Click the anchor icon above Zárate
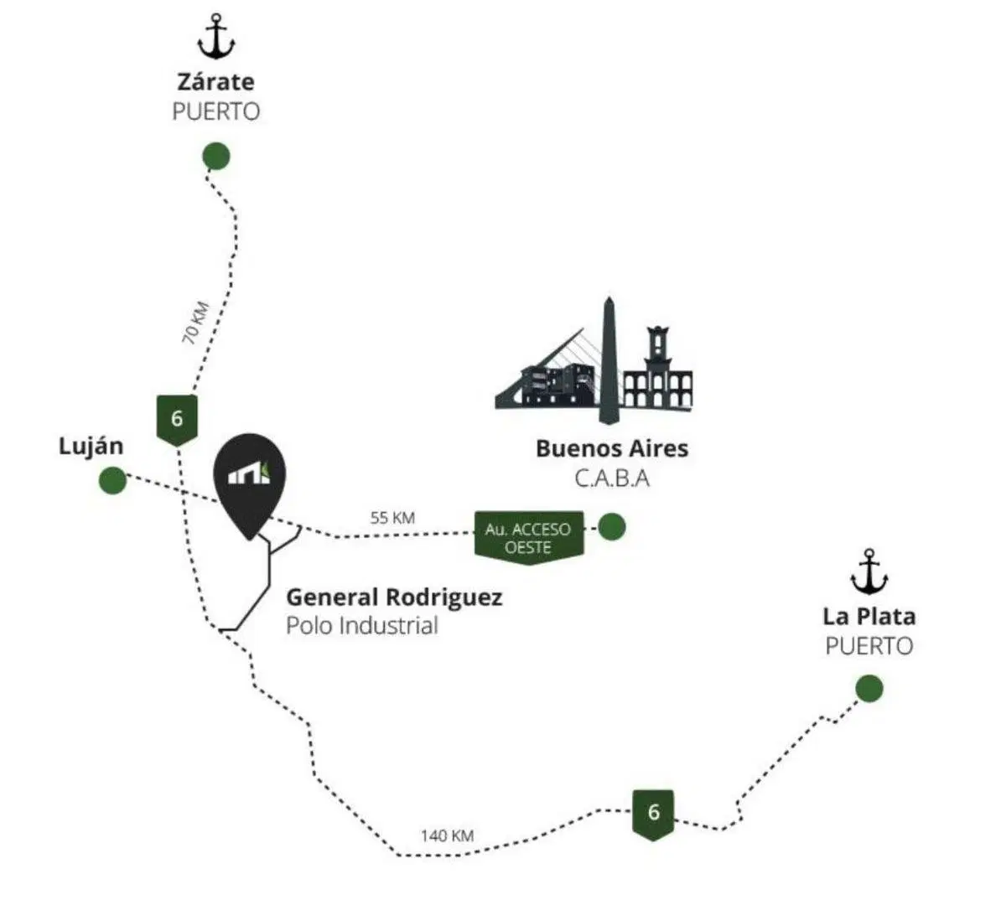pos(216,36)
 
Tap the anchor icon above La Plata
pos(869,571)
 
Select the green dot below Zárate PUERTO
pos(216,156)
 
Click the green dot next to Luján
pos(113,480)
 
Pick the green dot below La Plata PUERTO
pos(869,688)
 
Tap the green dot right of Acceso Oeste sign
pos(612,527)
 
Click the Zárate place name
pos(216,82)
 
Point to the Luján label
pos(91,447)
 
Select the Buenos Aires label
pos(612,448)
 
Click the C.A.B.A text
pos(612,478)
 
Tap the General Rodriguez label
pos(394,597)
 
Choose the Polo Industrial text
pos(362,626)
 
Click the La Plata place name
pos(869,616)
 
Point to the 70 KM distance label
pos(195,323)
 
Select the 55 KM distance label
pos(392,517)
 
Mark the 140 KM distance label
pos(448,835)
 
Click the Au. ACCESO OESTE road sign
pos(529,538)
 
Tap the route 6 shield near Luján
pos(177,420)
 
